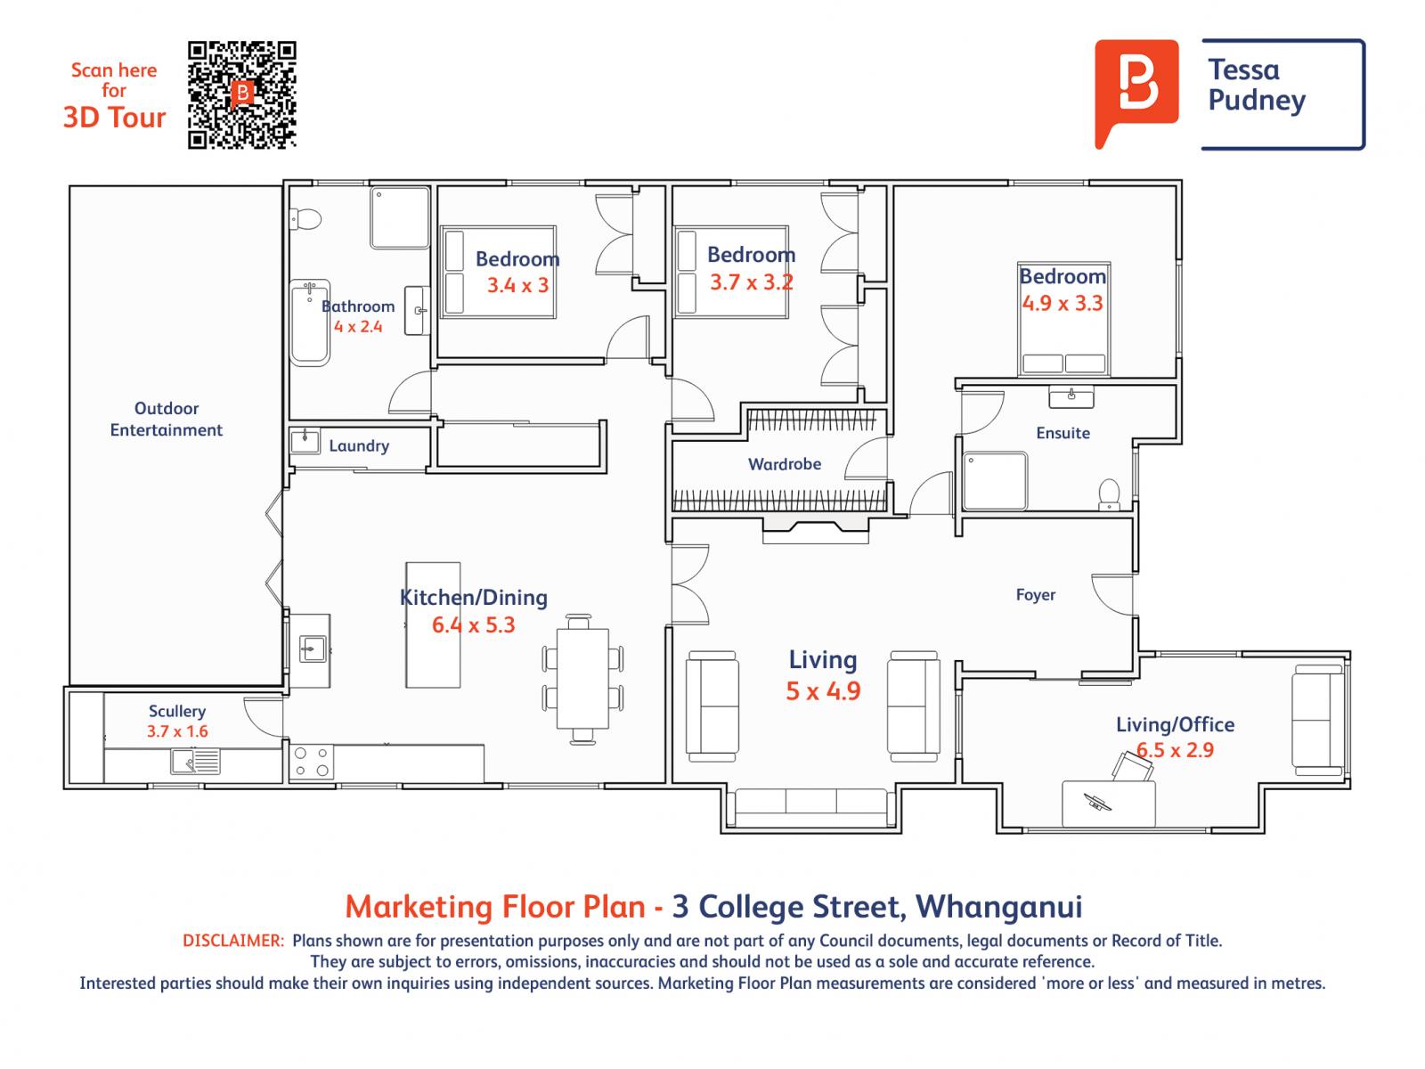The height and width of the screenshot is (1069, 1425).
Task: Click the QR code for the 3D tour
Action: (241, 94)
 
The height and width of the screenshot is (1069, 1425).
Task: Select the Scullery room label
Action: (177, 711)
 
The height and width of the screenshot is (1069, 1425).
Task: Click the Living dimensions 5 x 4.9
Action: (823, 691)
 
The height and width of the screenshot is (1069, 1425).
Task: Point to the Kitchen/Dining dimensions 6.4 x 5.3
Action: (473, 625)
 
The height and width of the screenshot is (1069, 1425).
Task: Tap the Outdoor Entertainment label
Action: (167, 419)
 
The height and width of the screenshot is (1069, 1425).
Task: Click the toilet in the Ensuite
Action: (1109, 494)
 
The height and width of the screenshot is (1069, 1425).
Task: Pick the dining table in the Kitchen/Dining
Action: (582, 679)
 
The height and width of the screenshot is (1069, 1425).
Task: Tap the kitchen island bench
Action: (433, 624)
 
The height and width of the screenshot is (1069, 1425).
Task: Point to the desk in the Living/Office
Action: (1109, 804)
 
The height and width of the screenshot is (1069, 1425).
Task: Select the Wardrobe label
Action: (784, 464)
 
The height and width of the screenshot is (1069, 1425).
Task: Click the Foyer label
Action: (1035, 594)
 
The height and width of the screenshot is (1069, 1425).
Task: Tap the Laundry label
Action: (359, 445)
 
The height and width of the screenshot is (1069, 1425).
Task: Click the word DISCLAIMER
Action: (233, 941)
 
